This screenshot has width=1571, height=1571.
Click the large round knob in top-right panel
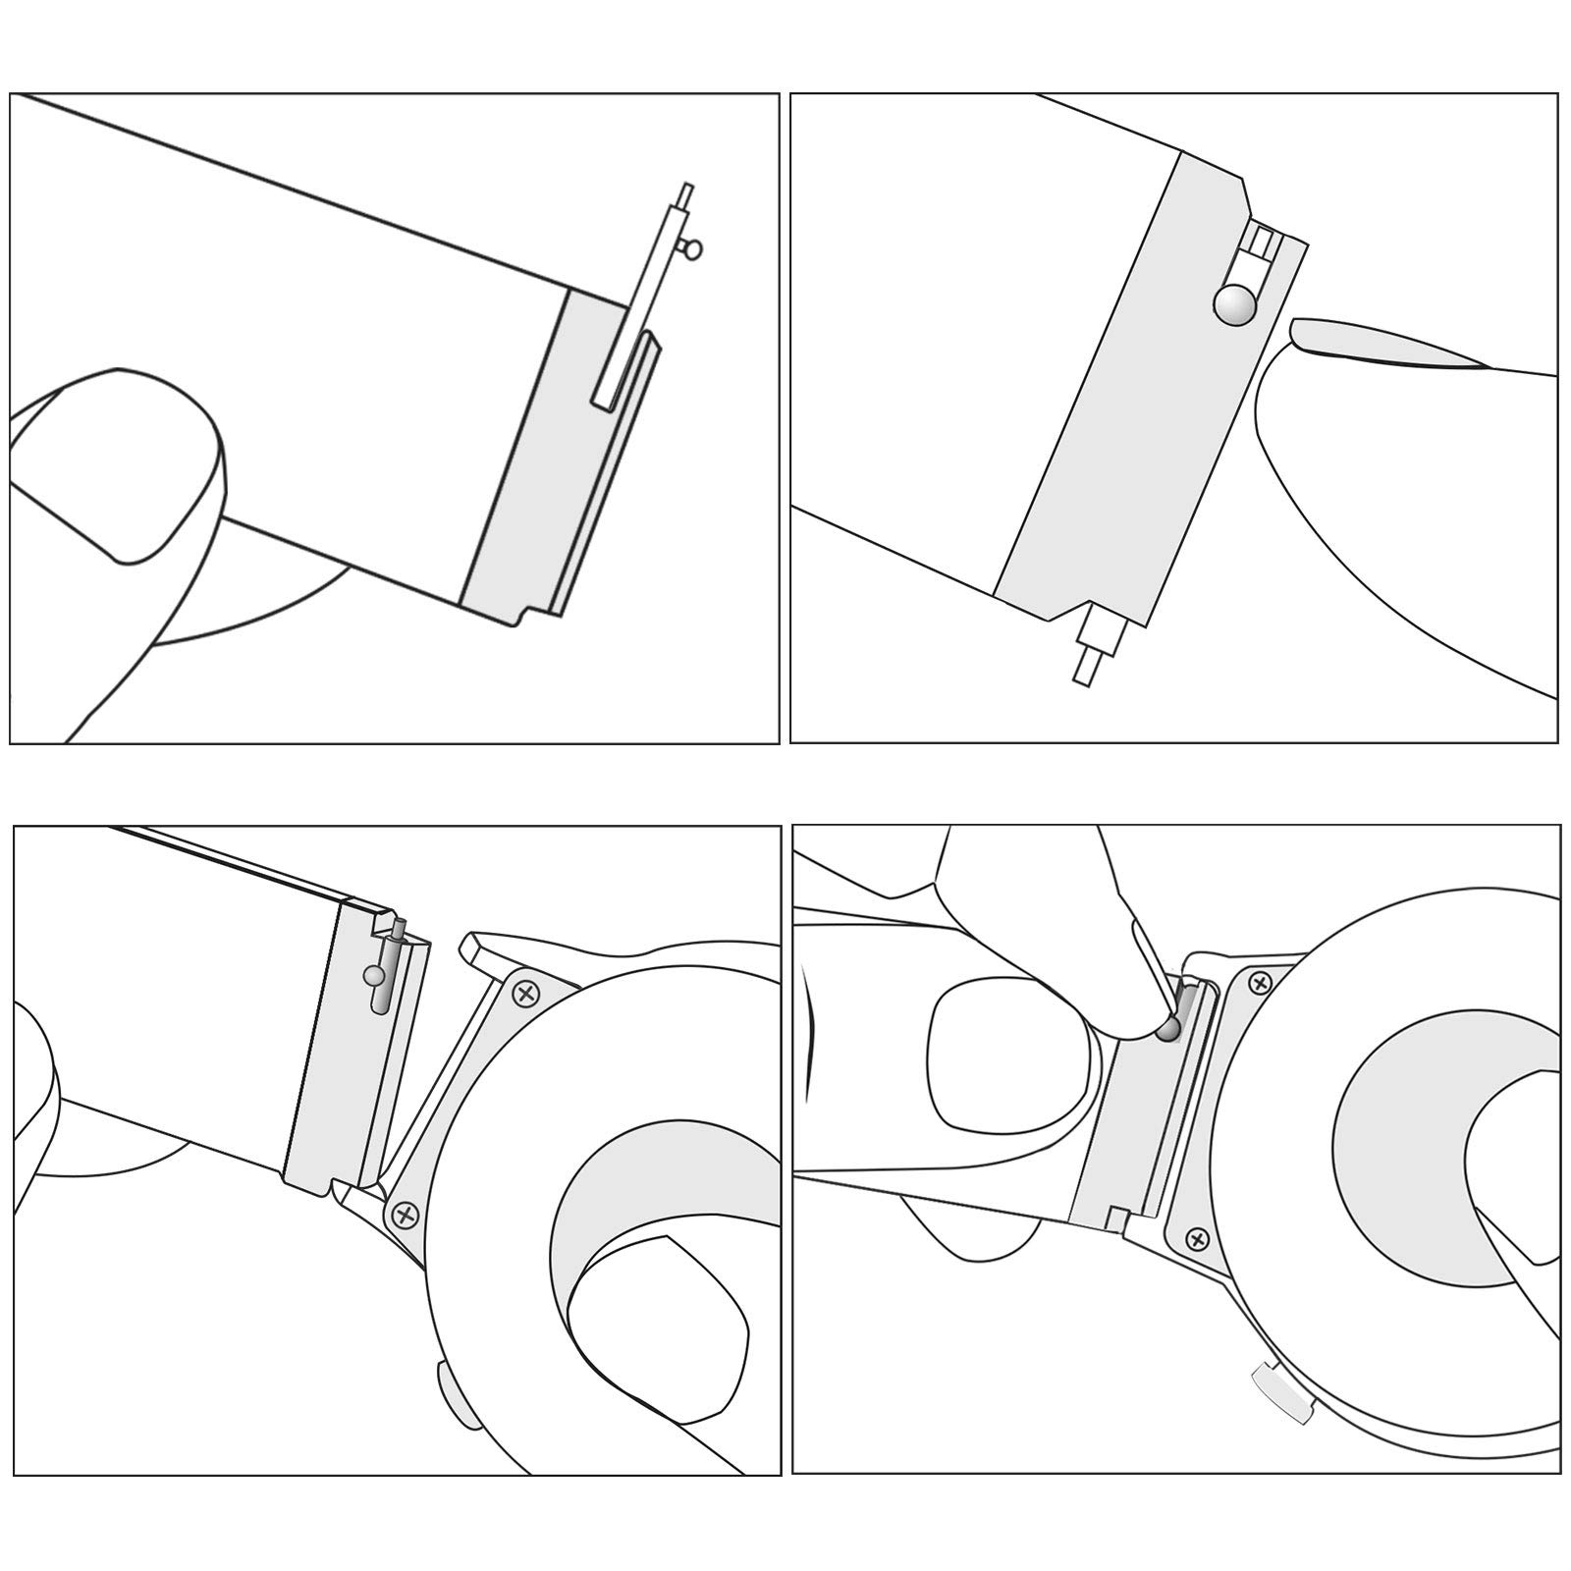point(1235,305)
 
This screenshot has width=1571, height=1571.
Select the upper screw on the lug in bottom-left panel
point(526,993)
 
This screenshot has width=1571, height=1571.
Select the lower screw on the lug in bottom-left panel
point(404,1216)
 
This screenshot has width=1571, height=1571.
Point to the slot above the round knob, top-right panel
point(1260,243)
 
